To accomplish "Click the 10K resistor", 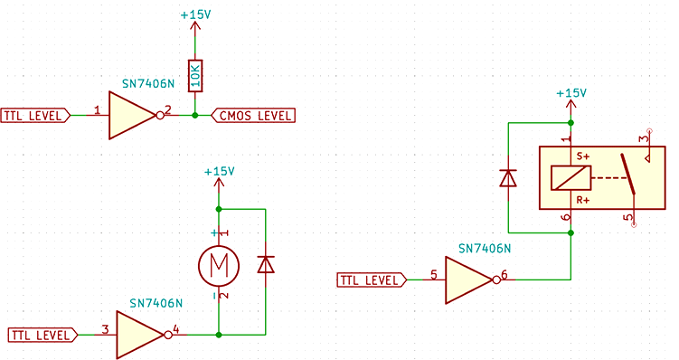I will point(194,76).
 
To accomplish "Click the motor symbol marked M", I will point(218,264).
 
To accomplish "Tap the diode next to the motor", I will point(266,264).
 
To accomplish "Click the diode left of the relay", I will point(508,177).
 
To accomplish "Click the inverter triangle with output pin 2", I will point(132,115).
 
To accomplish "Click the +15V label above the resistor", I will point(195,15).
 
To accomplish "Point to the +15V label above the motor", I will point(219,171).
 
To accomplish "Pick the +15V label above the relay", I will point(571,93).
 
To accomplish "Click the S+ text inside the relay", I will point(583,156).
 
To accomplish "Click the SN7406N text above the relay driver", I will point(485,248).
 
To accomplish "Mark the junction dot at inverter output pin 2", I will point(194,115).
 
